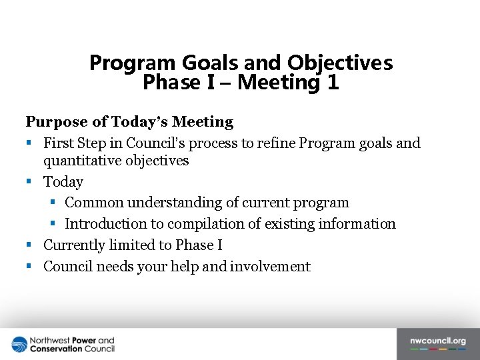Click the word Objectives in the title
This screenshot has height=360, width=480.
(340, 63)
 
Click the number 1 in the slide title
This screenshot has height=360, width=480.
(332, 83)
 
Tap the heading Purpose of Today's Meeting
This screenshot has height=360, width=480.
(129, 122)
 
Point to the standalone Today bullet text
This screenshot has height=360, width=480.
(63, 182)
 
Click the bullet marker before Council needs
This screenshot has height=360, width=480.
(29, 267)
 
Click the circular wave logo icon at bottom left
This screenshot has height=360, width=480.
(19, 344)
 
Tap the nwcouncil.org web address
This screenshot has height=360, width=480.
(438, 341)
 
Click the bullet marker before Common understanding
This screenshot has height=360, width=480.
(54, 203)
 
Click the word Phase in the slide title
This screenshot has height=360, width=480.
(165, 83)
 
